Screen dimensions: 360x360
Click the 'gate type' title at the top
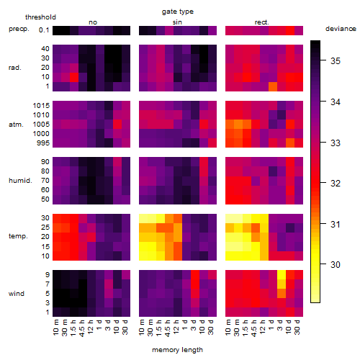(178, 12)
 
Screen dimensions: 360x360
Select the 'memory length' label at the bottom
(177, 350)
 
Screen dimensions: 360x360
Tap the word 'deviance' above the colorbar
(341, 29)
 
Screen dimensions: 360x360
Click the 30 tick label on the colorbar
(336, 265)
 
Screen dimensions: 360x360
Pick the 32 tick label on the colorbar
(336, 184)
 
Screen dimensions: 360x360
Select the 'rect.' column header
(261, 22)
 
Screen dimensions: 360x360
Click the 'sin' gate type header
(177, 22)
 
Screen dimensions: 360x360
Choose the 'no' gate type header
(93, 22)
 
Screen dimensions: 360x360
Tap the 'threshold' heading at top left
(40, 17)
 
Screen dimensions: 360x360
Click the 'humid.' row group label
(20, 181)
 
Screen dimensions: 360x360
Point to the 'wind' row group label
(17, 294)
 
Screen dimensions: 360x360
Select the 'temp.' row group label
(18, 236)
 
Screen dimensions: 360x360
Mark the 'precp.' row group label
(19, 29)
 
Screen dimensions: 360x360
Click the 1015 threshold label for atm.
(41, 106)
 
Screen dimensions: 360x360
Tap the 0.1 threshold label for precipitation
(44, 30)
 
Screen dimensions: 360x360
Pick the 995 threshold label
(43, 143)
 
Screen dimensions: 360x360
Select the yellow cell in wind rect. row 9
(282, 274)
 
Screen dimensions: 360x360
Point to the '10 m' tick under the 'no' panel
(55, 328)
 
